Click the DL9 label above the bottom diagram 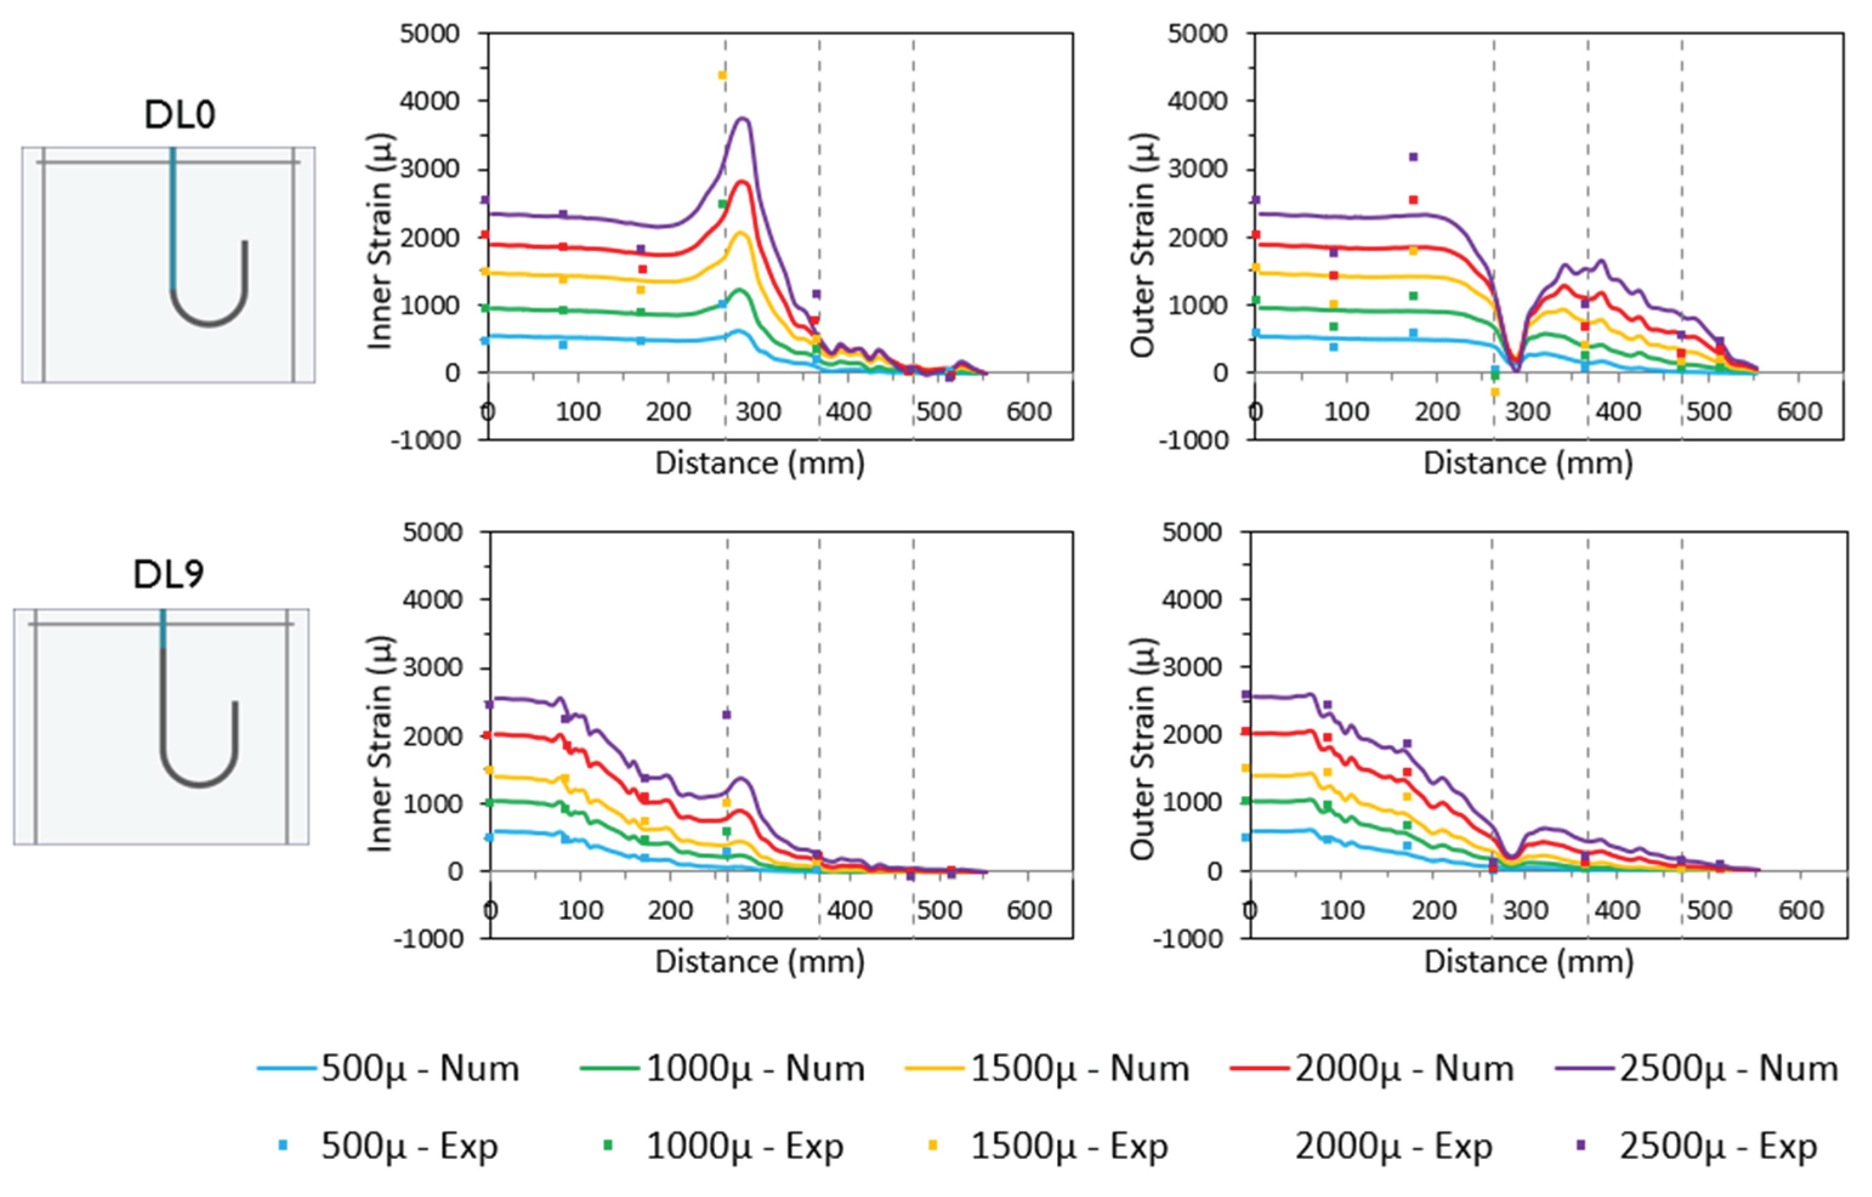[169, 575]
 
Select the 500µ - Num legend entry [389, 1069]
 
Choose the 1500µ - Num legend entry [1047, 1069]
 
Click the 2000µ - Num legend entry [1372, 1069]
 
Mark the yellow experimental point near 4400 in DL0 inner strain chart [722, 75]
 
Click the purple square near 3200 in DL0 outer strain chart [1413, 157]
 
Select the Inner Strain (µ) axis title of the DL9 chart [379, 744]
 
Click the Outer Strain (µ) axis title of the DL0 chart [1142, 245]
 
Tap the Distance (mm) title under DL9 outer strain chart [1529, 962]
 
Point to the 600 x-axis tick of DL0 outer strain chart [1799, 411]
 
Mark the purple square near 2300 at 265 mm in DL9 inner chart [727, 714]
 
